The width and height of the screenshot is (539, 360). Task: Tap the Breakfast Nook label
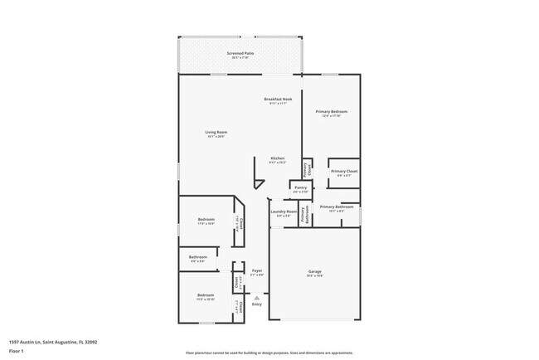(x=278, y=100)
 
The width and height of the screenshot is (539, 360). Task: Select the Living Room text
(x=216, y=133)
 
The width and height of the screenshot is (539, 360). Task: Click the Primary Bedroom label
(x=331, y=112)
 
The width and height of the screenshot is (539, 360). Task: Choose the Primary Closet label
(x=343, y=172)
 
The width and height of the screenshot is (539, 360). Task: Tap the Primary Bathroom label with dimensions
(x=337, y=207)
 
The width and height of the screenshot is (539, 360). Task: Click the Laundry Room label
(x=284, y=212)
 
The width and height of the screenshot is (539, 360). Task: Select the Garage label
(x=315, y=272)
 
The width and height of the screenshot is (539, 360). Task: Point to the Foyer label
(x=257, y=271)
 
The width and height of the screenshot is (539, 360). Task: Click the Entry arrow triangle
(x=257, y=297)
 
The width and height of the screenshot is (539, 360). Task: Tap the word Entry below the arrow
(x=257, y=304)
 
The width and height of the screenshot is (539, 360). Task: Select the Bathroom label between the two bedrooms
(x=197, y=258)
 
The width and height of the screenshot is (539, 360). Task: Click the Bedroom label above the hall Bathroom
(x=206, y=220)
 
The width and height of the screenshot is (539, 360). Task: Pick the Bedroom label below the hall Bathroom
(x=206, y=296)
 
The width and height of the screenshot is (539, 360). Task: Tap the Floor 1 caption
(x=17, y=351)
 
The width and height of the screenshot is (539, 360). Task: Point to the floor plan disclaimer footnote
(x=269, y=352)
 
